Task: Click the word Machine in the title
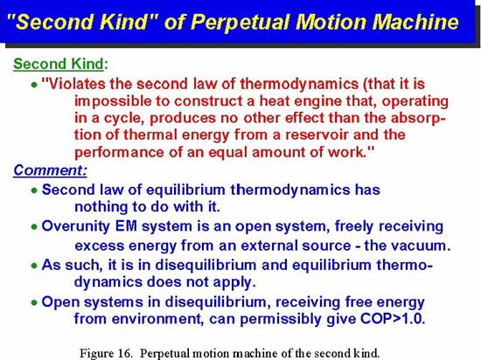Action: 415,22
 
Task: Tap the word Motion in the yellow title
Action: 331,22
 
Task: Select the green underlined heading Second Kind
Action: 59,64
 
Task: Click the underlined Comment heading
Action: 50,170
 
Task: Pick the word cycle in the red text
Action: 124,118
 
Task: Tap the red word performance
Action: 119,152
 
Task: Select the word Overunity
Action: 75,226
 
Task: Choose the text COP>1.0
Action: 393,319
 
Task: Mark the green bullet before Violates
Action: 34,85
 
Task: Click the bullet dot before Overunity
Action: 34,227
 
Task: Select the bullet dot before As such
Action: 34,266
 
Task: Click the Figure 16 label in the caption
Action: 106,353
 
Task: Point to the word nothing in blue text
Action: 101,207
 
